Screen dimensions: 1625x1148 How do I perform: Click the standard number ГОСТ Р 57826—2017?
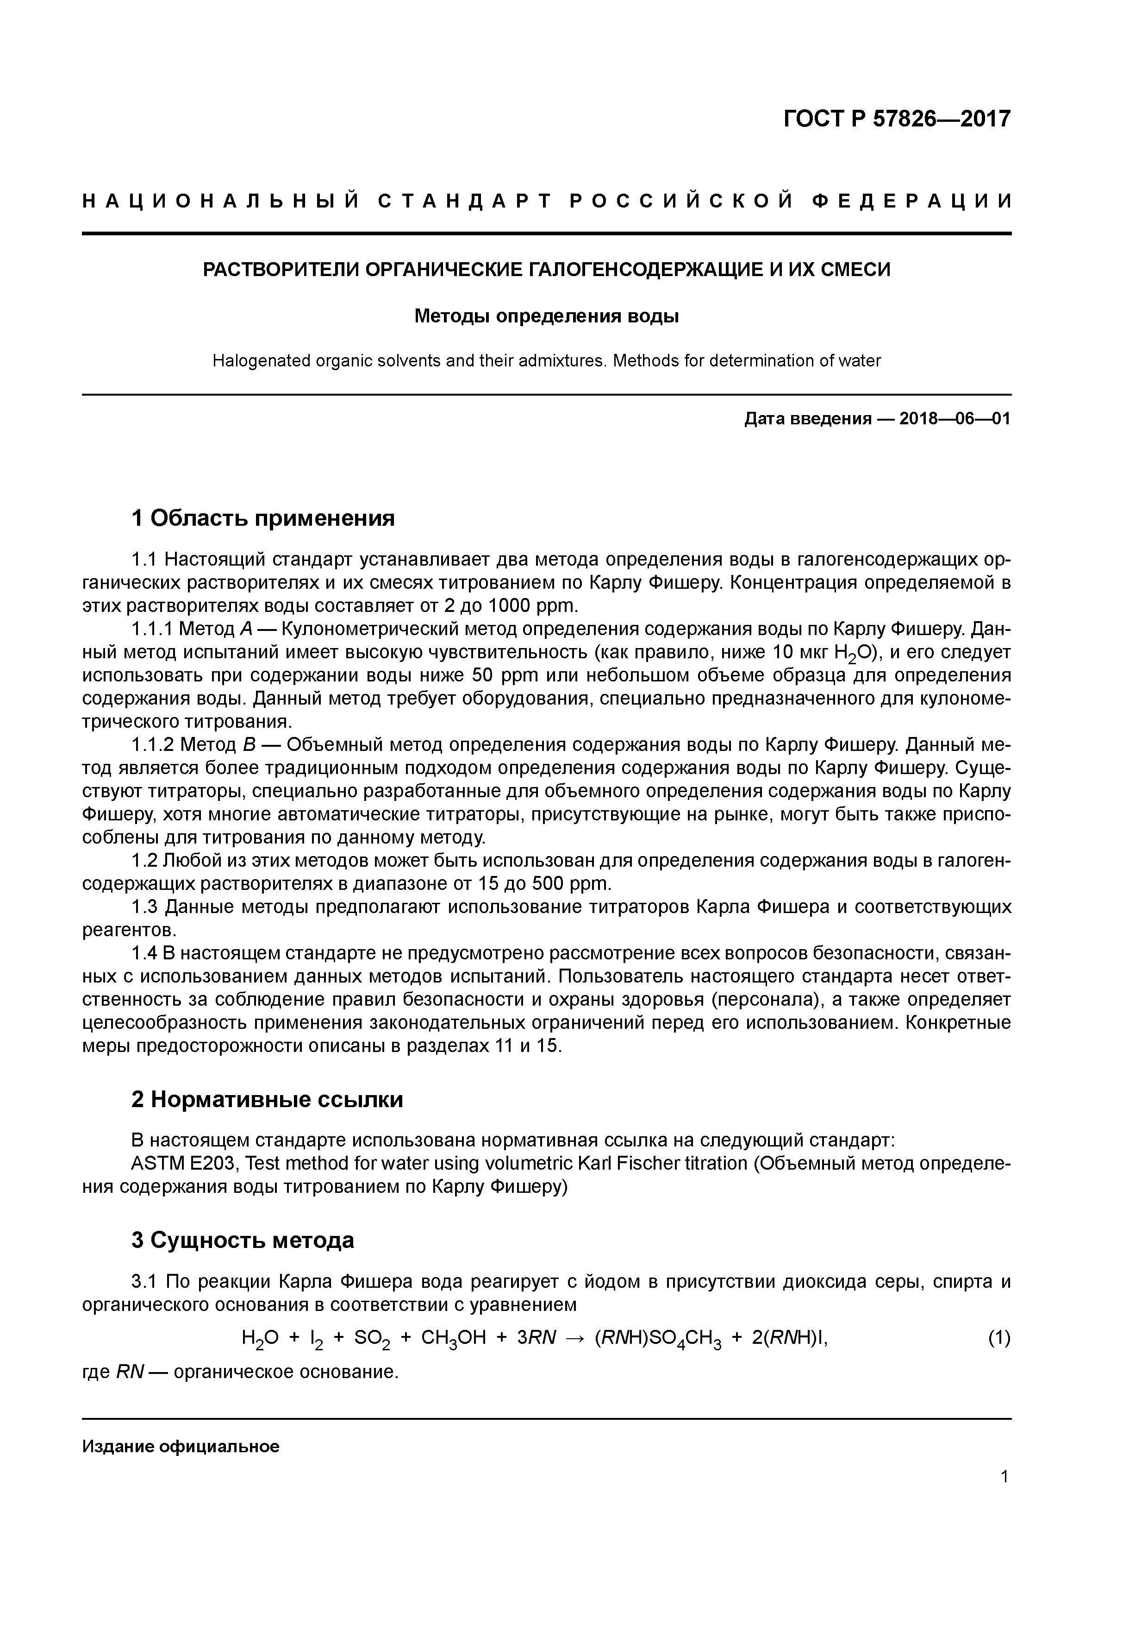point(897,119)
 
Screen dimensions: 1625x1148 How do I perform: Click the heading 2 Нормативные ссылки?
point(268,1099)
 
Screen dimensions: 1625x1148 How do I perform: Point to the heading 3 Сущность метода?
point(243,1240)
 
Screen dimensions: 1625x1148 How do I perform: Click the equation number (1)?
point(999,1338)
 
